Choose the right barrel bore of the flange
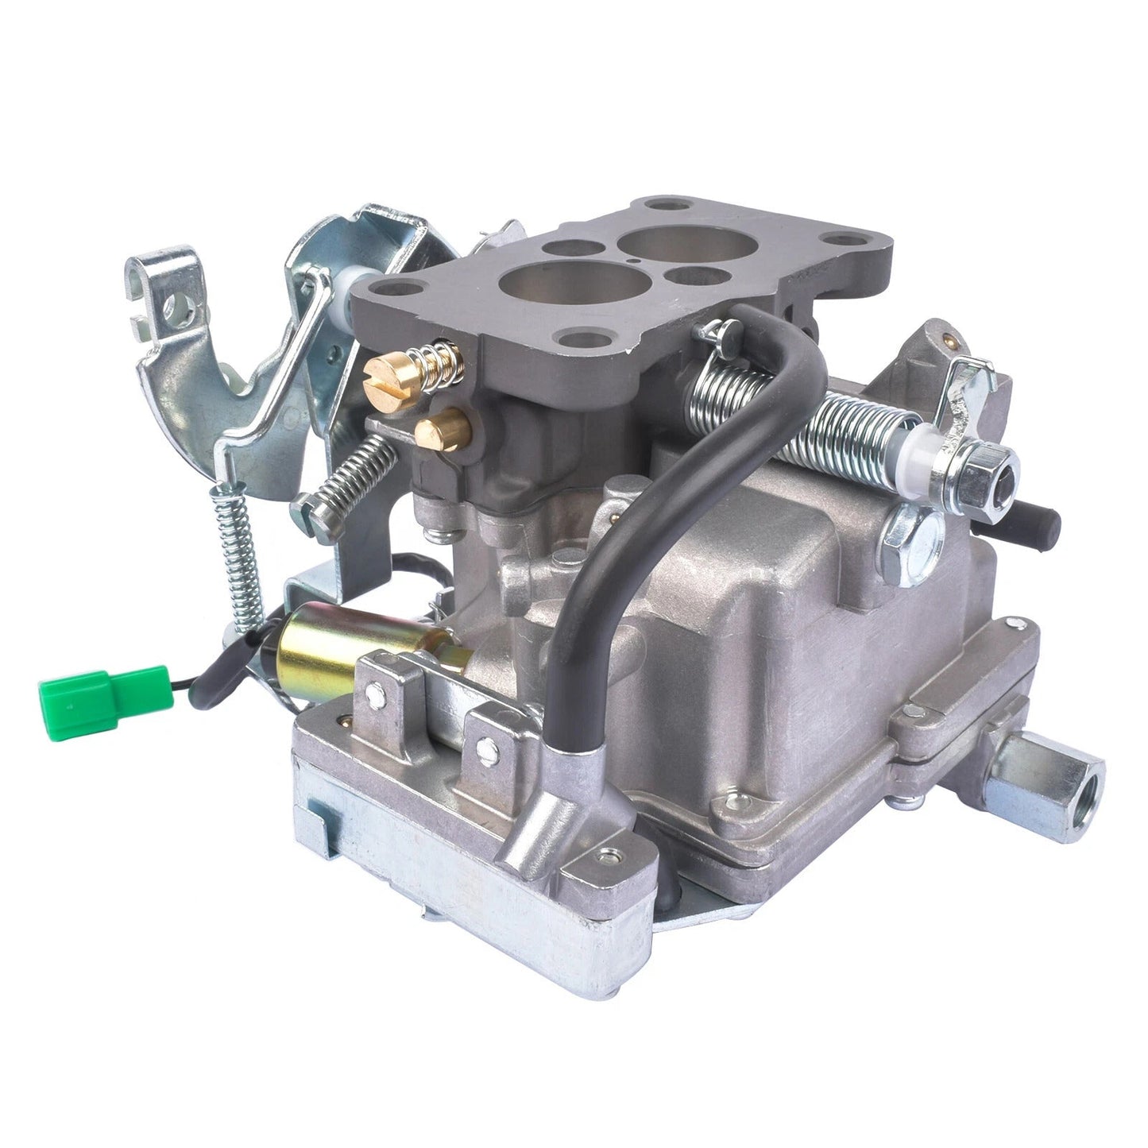coord(659,238)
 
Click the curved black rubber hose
coord(628,493)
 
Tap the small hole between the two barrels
coord(628,258)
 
